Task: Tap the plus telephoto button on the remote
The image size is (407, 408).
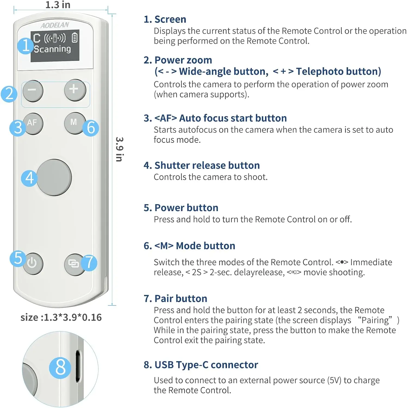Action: click(75, 90)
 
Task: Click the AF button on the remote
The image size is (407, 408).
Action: click(33, 123)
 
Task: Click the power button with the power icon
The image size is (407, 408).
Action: click(33, 263)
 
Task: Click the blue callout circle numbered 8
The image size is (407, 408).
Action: click(60, 367)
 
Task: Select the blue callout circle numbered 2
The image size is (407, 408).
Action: click(9, 94)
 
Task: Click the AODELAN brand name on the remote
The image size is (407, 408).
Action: click(55, 25)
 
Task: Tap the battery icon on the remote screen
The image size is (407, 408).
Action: click(74, 38)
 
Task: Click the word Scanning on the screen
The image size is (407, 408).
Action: click(52, 49)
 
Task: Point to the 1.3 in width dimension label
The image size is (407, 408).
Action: click(58, 5)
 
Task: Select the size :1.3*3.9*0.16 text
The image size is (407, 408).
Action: click(61, 317)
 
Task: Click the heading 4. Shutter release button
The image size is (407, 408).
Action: click(201, 165)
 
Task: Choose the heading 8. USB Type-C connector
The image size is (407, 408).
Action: click(201, 365)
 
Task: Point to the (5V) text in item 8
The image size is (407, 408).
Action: click(334, 380)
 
